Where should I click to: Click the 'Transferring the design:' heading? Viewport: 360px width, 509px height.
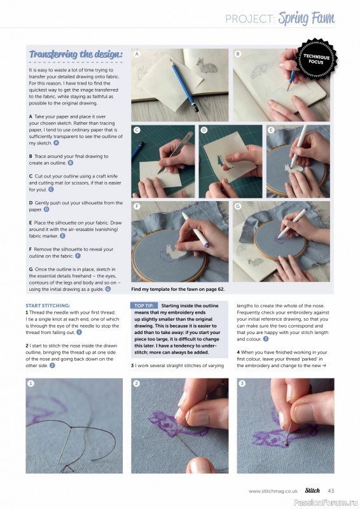point(76,55)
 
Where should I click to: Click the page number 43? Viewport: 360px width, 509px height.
point(331,491)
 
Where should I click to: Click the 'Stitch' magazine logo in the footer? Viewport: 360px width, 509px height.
point(312,491)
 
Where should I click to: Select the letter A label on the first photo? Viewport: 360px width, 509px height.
point(137,55)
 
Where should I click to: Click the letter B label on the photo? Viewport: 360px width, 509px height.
point(238,55)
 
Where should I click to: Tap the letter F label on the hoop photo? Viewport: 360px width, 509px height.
point(137,206)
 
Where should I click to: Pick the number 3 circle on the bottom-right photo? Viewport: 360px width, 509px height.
point(242,383)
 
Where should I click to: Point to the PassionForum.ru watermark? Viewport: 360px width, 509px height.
point(326,501)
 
